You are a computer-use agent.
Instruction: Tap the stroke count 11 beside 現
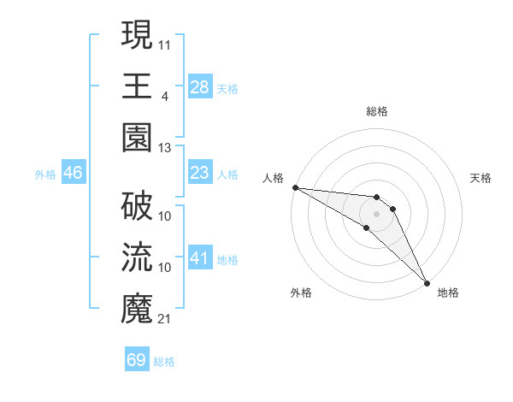coord(165,43)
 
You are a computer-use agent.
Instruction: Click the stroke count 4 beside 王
coord(164,95)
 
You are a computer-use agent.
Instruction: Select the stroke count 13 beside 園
coord(165,147)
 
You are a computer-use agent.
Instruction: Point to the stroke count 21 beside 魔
coord(165,319)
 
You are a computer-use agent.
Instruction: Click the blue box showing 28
coord(200,86)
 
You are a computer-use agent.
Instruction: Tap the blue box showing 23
coord(200,173)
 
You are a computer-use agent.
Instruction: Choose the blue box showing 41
coord(200,258)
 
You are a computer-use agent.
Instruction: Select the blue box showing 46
coord(74,173)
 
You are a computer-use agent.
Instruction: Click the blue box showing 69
coord(137,360)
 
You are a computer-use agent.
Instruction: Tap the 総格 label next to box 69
coord(164,362)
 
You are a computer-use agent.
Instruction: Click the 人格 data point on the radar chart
coord(294,187)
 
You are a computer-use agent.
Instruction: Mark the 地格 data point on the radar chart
coord(427,282)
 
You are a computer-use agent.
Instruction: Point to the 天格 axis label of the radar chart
coord(481,178)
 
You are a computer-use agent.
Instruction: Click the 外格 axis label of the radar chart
coord(301,293)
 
